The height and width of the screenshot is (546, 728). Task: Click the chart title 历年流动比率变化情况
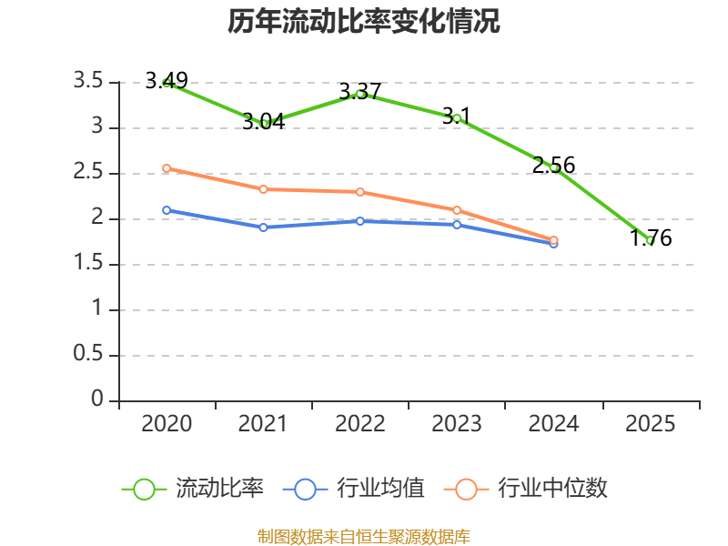tap(364, 22)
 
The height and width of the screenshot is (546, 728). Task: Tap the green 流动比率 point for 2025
tap(651, 240)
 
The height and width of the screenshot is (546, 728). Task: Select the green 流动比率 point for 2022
tap(360, 94)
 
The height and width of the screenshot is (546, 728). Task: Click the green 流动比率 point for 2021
tap(264, 123)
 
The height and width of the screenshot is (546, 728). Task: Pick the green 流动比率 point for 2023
tap(457, 118)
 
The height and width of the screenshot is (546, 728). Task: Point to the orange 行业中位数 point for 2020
tap(167, 168)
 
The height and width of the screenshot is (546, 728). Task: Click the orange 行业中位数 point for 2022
tap(360, 192)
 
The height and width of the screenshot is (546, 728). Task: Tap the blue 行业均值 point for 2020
tap(167, 210)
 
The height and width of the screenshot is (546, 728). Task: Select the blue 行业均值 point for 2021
tap(264, 227)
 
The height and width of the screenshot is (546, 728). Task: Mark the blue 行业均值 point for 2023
tap(457, 224)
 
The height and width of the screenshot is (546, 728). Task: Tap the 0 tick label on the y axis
tap(97, 400)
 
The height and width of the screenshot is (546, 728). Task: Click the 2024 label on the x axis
tap(553, 424)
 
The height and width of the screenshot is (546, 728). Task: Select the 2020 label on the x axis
tap(167, 424)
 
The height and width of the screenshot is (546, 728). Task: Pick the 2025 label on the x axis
tap(651, 424)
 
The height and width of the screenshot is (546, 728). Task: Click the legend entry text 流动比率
tap(219, 489)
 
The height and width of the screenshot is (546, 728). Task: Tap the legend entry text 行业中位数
tap(552, 489)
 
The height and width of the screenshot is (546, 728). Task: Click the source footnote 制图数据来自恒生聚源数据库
tap(364, 536)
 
